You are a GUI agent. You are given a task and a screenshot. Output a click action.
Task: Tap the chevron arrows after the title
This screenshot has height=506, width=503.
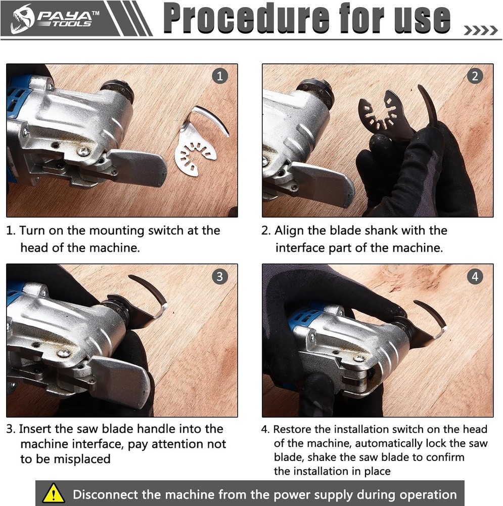pos(481,31)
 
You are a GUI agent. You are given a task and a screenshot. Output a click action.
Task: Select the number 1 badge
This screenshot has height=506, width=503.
pos(219,76)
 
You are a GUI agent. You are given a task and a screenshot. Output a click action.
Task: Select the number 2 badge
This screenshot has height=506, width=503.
pos(474,76)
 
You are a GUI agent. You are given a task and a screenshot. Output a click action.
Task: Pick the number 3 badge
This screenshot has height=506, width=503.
pos(219,277)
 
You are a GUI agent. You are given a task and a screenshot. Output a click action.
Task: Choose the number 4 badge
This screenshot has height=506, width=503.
pos(474,277)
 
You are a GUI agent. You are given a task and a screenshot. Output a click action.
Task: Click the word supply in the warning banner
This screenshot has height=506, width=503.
pos(360,494)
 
